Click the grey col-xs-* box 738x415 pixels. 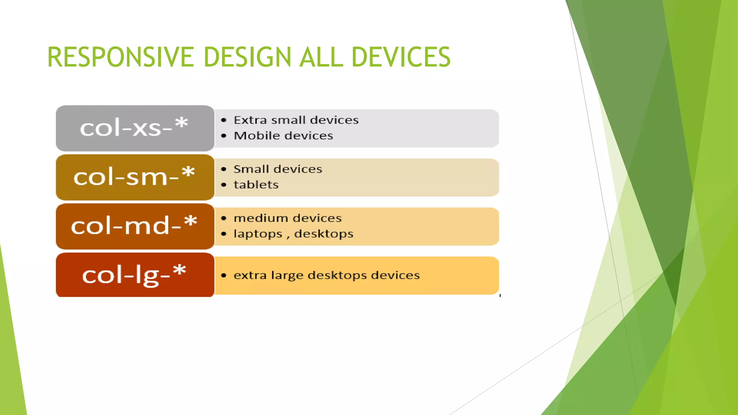tap(135, 128)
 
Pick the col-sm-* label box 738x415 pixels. tap(135, 177)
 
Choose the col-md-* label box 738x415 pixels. tap(135, 226)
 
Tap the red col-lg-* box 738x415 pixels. tap(135, 275)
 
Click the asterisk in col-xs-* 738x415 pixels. tap(182, 123)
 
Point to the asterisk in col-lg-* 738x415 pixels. tap(179, 271)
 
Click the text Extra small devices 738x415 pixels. tap(296, 120)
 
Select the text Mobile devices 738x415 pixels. tap(283, 136)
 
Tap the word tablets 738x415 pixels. tap(256, 185)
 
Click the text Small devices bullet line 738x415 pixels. tap(277, 169)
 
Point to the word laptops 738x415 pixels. tap(258, 234)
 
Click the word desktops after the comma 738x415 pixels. tap(324, 234)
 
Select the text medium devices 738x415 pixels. tap(287, 218)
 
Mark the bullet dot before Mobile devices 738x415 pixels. tap(224, 136)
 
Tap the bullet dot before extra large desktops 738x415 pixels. tap(224, 276)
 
